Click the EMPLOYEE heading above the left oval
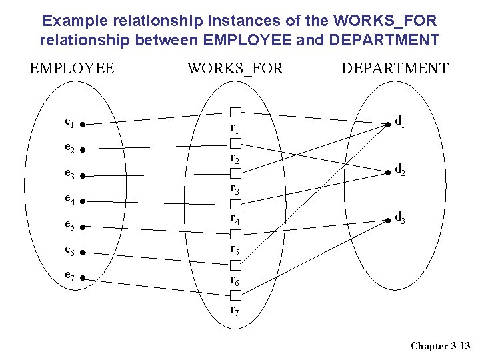72,68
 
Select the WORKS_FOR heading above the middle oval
235,68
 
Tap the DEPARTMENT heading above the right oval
395,68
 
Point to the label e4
69,198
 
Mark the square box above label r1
235,112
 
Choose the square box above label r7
235,295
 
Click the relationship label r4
235,219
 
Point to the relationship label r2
235,159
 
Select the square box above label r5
235,235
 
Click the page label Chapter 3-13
441,345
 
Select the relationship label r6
235,281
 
